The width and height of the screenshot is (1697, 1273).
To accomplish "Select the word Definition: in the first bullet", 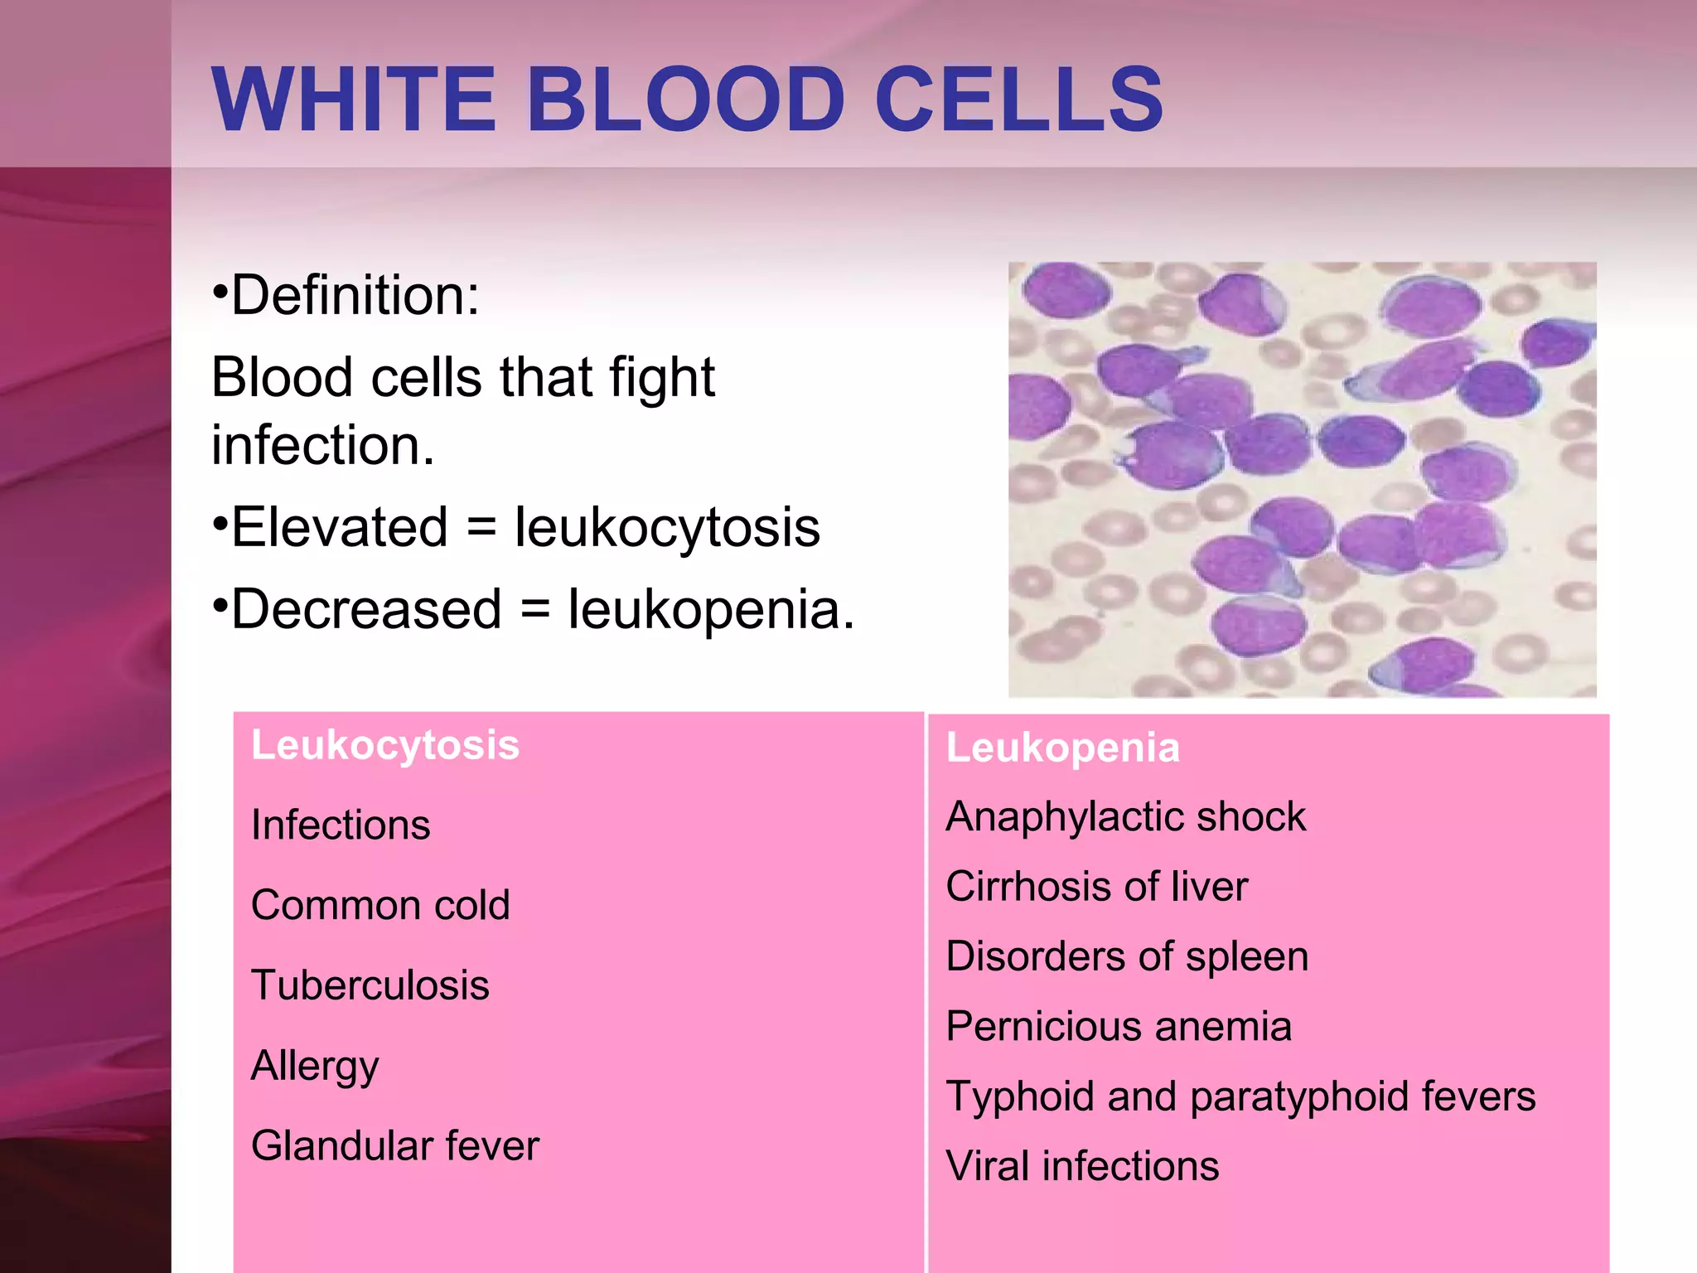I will coord(355,296).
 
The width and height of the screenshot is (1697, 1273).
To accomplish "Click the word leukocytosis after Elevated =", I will coord(667,528).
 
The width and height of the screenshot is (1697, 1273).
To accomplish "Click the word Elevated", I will coord(339,528).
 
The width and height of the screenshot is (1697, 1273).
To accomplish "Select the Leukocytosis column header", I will coord(385,745).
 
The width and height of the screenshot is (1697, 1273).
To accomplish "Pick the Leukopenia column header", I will coord(1062,748).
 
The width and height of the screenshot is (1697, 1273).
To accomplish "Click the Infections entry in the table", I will coord(341,825).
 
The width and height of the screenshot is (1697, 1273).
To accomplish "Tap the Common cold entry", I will coord(380,905).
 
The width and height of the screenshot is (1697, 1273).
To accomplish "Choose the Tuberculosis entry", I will coord(370,985).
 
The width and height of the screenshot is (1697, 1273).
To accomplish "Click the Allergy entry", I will coord(315,1066).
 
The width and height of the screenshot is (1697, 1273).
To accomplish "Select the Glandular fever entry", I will coord(395,1146).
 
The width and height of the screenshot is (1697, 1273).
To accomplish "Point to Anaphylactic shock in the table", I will coord(1125,817).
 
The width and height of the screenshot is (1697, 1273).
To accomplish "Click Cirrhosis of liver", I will coord(1096,887).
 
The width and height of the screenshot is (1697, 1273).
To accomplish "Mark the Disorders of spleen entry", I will coord(1127,956).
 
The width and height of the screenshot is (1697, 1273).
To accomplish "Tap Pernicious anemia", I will coord(1119,1027).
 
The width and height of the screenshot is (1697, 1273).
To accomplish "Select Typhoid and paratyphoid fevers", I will coord(1240,1096).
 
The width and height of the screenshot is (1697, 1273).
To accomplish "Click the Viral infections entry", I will coord(1082,1166).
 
